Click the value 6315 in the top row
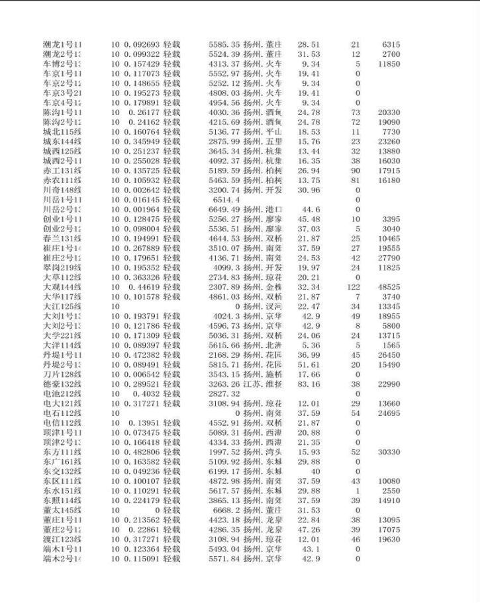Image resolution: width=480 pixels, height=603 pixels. click(x=391, y=44)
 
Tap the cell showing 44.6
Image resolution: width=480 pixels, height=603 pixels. click(x=311, y=210)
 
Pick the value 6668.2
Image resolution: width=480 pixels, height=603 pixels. click(x=226, y=510)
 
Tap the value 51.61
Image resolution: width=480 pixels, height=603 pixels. click(x=309, y=364)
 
